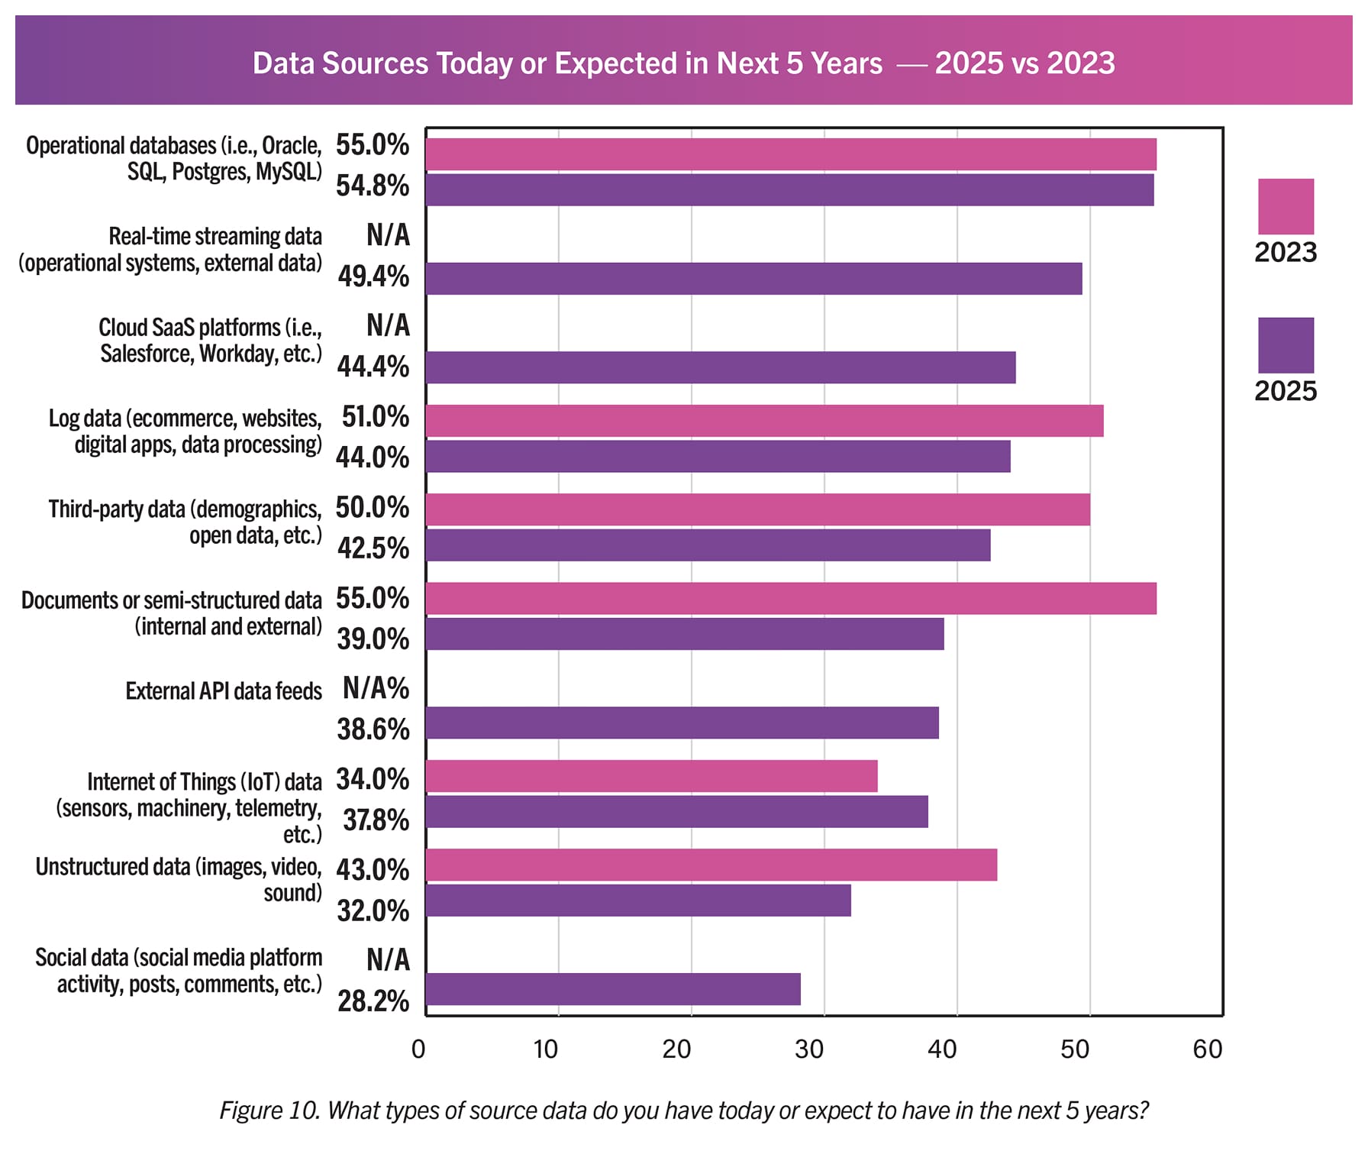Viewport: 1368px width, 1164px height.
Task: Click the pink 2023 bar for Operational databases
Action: [791, 154]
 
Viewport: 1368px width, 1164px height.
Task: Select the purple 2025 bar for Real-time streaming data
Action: [753, 278]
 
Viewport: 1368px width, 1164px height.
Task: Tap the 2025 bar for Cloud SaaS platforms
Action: [721, 367]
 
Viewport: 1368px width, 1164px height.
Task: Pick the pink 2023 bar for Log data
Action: [764, 421]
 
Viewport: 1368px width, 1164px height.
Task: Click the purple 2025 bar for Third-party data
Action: [708, 545]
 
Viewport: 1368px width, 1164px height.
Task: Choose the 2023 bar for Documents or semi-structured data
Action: [791, 598]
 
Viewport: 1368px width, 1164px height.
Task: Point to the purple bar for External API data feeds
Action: [682, 723]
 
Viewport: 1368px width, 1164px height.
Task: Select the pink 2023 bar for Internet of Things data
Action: [651, 776]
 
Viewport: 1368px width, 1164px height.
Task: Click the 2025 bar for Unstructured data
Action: [638, 900]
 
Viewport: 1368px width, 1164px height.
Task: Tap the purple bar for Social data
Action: [613, 989]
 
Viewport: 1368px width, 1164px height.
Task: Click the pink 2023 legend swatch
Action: [1286, 206]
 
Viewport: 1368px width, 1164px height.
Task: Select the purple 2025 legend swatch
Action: [1286, 345]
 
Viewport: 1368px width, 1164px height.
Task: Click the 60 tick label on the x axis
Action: [1207, 1049]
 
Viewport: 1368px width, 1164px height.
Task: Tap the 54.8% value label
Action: [373, 186]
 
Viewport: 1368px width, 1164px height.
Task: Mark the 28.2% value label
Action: [373, 1001]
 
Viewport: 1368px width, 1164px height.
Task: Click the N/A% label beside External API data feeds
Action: [376, 688]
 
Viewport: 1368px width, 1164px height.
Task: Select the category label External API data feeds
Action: [224, 691]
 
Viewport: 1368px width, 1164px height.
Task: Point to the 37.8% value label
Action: [376, 820]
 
